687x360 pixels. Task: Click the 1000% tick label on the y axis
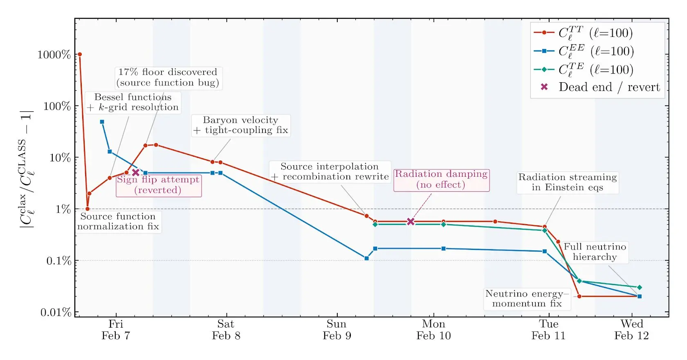click(x=54, y=55)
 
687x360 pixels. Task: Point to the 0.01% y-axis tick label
click(x=56, y=313)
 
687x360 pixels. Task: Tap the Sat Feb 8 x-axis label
click(x=226, y=330)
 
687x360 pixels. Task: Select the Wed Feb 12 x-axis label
click(x=631, y=330)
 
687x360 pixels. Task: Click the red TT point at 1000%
click(x=80, y=54)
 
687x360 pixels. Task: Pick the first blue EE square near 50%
click(x=102, y=122)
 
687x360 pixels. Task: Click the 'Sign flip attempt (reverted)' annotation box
click(x=158, y=185)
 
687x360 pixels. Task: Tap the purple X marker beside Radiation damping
click(x=411, y=221)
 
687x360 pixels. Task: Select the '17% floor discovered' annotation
click(x=168, y=77)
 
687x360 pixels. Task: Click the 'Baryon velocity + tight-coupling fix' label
click(x=240, y=125)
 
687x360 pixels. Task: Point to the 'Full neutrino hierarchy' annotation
click(x=595, y=252)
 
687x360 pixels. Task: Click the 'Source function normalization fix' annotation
click(x=118, y=221)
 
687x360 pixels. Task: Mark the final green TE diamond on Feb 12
click(x=640, y=288)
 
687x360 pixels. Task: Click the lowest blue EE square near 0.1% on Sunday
click(x=366, y=258)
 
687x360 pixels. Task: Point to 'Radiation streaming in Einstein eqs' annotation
click(x=568, y=182)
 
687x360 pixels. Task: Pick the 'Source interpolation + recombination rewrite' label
click(x=330, y=171)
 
